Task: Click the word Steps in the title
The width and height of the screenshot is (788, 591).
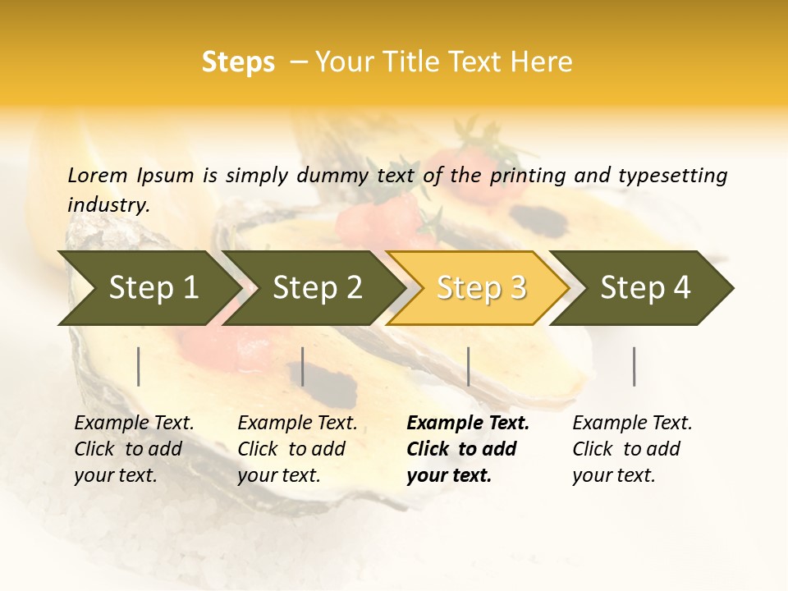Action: coord(238,62)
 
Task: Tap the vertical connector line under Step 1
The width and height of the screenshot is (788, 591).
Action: coord(139,366)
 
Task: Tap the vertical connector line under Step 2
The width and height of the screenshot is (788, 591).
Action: coord(303,366)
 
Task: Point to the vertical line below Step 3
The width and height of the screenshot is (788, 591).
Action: coord(469,366)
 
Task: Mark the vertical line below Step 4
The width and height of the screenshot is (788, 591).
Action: coord(635,366)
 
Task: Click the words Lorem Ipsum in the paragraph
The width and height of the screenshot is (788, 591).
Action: coord(131,175)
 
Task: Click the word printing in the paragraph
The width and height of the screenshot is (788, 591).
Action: coord(525,176)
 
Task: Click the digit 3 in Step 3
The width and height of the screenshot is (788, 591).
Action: coord(517,288)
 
